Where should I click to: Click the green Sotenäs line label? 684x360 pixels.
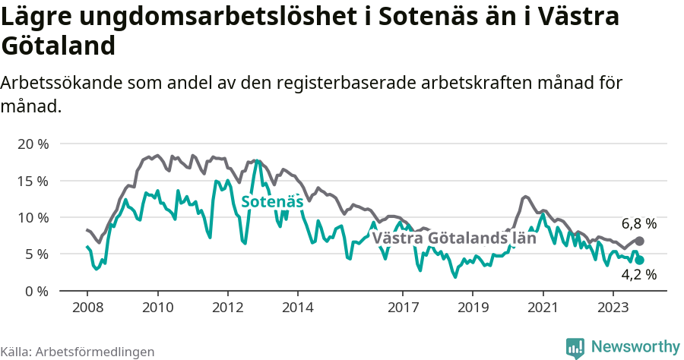click(x=272, y=202)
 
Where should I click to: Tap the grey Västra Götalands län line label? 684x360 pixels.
click(x=454, y=238)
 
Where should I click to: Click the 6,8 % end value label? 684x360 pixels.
click(x=638, y=224)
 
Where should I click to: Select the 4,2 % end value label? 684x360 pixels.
click(x=638, y=275)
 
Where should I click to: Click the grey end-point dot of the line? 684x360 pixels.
click(x=639, y=241)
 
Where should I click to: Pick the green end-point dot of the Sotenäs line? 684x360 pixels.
click(x=639, y=260)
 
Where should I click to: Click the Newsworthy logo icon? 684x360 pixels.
click(x=575, y=347)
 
